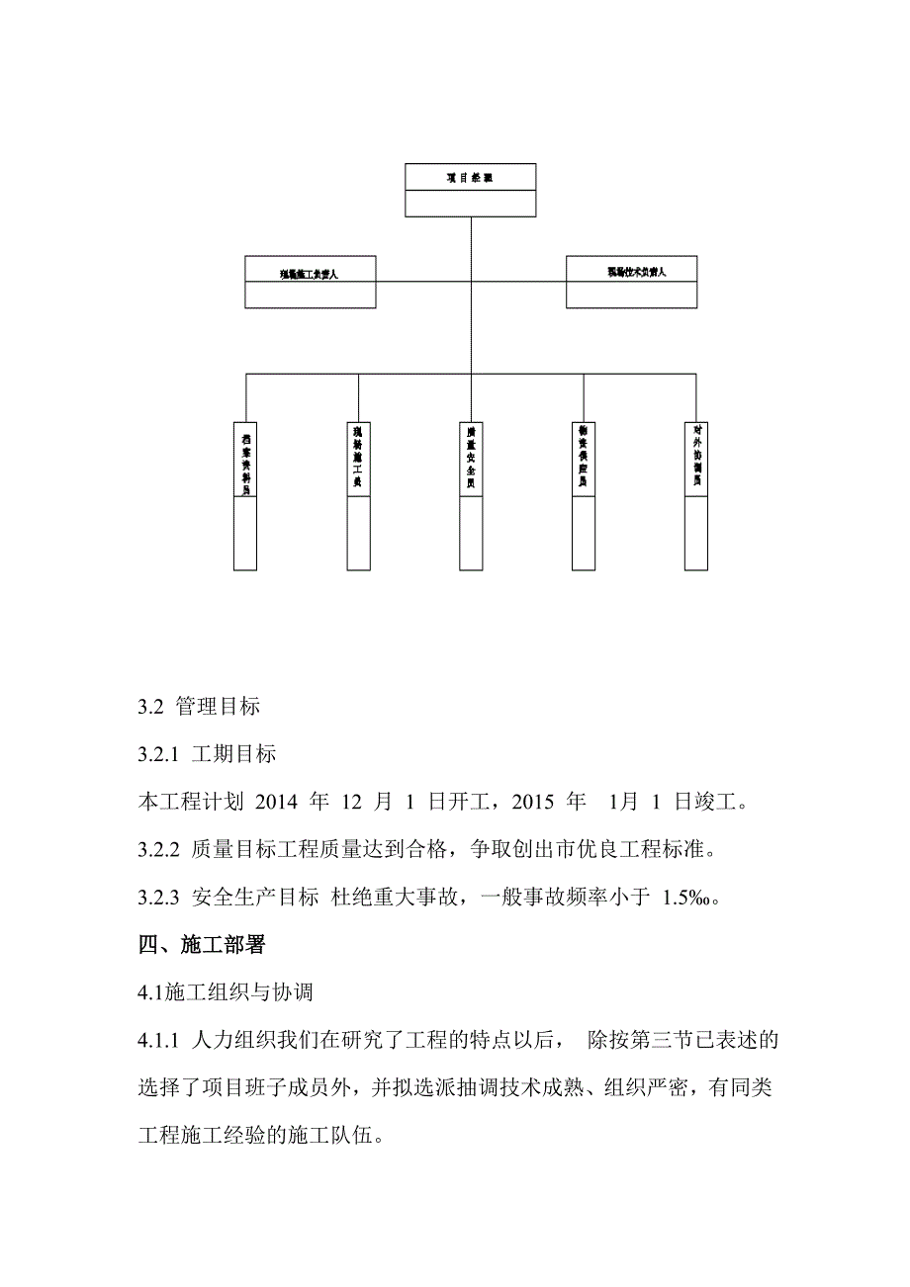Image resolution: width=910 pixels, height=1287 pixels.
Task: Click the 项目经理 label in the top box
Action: (470, 178)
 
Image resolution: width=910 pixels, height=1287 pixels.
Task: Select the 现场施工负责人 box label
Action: (310, 272)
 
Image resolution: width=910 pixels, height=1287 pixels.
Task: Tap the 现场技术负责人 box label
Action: (631, 270)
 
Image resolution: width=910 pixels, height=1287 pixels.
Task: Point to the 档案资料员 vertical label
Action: (245, 461)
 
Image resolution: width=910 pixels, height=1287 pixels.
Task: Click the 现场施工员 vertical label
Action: (358, 461)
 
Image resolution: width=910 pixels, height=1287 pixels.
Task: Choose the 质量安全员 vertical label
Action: (472, 461)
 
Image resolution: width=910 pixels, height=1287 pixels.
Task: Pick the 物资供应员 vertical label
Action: (584, 461)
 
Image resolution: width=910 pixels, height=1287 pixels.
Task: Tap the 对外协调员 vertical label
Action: (696, 461)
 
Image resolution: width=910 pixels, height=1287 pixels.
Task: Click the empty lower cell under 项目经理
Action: (470, 204)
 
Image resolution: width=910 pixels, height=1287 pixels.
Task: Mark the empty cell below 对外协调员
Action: (696, 533)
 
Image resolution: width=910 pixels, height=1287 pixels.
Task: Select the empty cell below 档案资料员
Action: (245, 533)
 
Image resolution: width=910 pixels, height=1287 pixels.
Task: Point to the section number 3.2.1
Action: (158, 755)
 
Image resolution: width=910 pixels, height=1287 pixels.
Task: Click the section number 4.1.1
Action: (158, 1041)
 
